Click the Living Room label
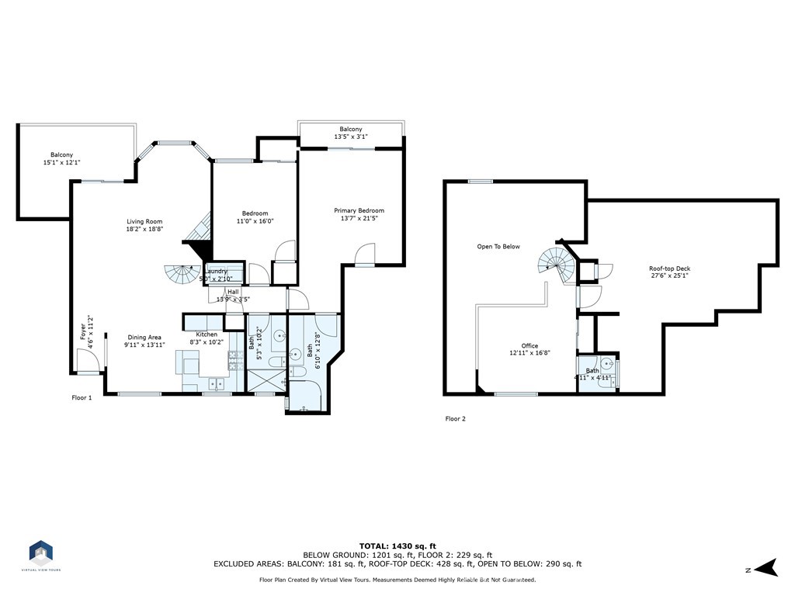144,221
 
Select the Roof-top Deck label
669,269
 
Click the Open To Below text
498,247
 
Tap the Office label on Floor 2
529,346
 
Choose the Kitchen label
207,334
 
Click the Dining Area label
144,338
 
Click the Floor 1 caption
82,397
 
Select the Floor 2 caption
455,418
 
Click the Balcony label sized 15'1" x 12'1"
62,155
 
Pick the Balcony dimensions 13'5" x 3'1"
350,137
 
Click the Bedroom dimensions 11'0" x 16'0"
255,221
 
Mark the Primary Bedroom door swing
365,254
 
